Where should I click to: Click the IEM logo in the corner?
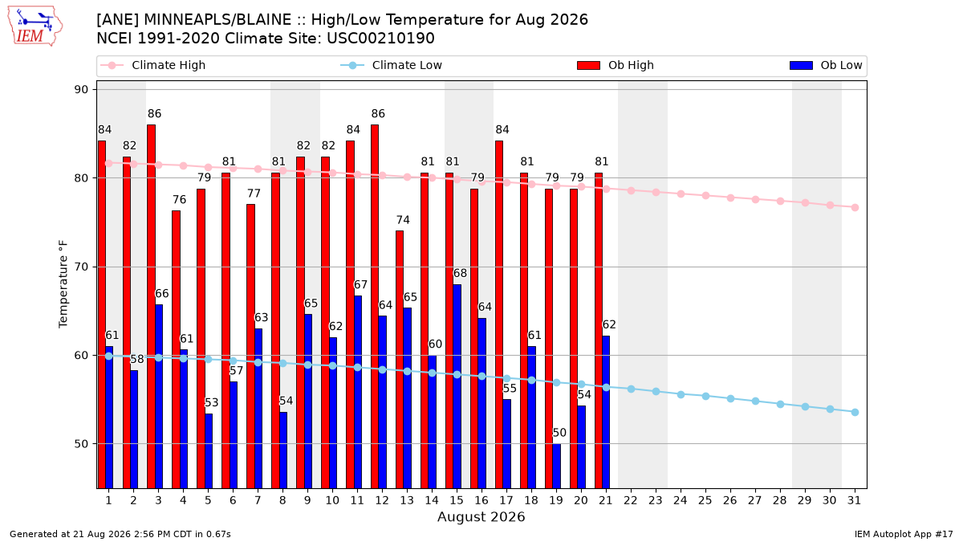click(35, 26)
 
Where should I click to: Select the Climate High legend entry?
click(152, 65)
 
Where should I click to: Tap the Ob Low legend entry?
click(826, 65)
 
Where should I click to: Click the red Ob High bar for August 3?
click(152, 306)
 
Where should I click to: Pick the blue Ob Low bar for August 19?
click(556, 466)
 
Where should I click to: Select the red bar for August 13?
click(400, 359)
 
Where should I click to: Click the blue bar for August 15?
click(457, 386)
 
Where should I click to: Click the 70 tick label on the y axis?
click(81, 267)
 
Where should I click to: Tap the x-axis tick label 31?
click(854, 500)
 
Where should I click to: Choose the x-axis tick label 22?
click(631, 500)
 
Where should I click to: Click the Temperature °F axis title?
click(63, 284)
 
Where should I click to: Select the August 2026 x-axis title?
click(481, 516)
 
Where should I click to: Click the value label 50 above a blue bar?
click(559, 433)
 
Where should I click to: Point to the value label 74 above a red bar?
click(403, 220)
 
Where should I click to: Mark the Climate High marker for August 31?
click(855, 207)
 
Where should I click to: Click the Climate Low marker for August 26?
click(730, 399)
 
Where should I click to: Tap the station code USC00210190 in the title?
click(380, 39)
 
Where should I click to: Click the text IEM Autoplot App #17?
click(904, 534)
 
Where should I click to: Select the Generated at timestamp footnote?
click(120, 534)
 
